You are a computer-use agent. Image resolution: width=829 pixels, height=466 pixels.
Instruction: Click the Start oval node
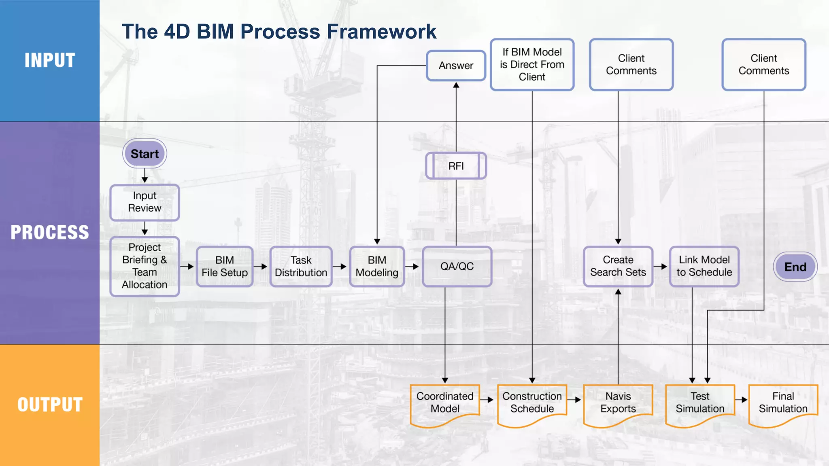tap(145, 154)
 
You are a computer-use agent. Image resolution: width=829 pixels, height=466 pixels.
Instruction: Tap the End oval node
tap(795, 267)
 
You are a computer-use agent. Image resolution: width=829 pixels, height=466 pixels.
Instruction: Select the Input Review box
tap(145, 202)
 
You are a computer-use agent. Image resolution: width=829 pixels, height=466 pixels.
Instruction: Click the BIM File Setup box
tap(225, 267)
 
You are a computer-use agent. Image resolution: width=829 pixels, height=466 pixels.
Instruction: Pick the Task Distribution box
tap(301, 267)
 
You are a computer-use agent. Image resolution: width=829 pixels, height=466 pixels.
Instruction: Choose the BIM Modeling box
tap(377, 267)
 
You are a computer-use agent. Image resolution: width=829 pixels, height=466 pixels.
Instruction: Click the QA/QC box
tap(457, 267)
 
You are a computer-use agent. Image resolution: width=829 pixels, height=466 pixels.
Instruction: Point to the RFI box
tap(456, 166)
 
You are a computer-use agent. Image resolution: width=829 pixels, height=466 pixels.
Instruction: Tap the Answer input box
tap(456, 66)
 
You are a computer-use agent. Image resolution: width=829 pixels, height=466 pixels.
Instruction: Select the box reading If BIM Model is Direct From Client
tap(532, 65)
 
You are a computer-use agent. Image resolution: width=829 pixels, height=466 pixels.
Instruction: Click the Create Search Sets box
tap(618, 267)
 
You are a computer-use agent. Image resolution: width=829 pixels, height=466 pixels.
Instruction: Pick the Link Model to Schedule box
tap(704, 267)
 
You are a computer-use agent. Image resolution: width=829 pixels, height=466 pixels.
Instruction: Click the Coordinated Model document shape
tap(445, 403)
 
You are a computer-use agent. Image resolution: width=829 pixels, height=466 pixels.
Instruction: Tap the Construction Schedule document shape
tap(532, 403)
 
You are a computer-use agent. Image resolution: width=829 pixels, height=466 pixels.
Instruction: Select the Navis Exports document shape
tap(618, 403)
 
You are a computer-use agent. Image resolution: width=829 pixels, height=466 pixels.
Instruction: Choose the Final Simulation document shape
tap(783, 403)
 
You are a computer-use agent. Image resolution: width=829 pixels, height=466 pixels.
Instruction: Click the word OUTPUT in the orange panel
tap(50, 405)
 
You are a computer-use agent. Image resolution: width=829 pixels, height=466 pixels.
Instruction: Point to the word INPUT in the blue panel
tap(50, 60)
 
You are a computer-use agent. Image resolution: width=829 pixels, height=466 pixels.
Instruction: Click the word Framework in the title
tap(381, 32)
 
